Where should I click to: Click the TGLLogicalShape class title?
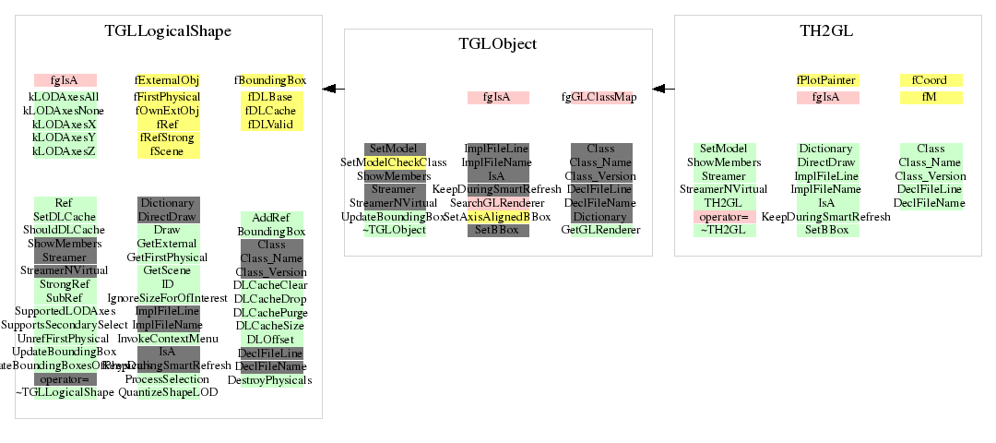pyautogui.click(x=168, y=31)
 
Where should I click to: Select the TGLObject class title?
pyautogui.click(x=498, y=43)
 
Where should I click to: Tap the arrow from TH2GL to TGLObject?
pyautogui.click(x=663, y=89)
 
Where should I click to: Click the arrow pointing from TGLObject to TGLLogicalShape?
pyautogui.click(x=333, y=89)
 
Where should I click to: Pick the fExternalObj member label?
pyautogui.click(x=168, y=80)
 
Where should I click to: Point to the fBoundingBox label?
pyautogui.click(x=270, y=80)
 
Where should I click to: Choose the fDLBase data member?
pyautogui.click(x=270, y=97)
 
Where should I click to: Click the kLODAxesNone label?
pyautogui.click(x=65, y=110)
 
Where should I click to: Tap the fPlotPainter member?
pyautogui.click(x=827, y=80)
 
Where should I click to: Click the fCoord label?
pyautogui.click(x=930, y=80)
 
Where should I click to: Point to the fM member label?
pyautogui.click(x=930, y=97)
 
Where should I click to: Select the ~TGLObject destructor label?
pyautogui.click(x=395, y=230)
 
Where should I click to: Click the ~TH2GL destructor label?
pyautogui.click(x=724, y=230)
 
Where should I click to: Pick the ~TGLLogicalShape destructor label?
pyautogui.click(x=65, y=392)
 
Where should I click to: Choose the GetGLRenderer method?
pyautogui.click(x=600, y=230)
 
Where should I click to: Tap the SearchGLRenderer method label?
pyautogui.click(x=498, y=202)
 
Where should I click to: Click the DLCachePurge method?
pyautogui.click(x=270, y=312)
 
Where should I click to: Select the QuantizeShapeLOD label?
pyautogui.click(x=168, y=392)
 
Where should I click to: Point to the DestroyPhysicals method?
pyautogui.click(x=270, y=379)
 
